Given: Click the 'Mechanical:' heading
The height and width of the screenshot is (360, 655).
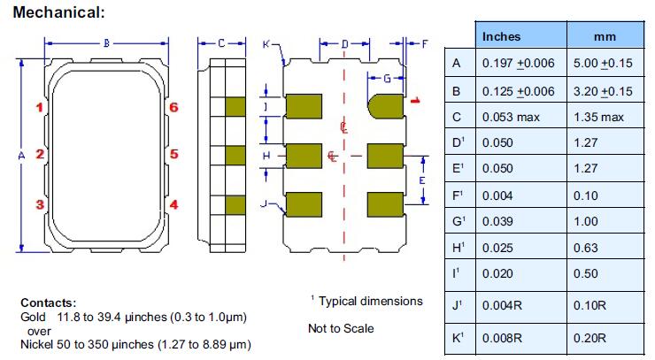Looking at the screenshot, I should coord(58,12).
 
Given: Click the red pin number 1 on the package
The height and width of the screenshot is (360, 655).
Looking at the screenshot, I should coord(39,108).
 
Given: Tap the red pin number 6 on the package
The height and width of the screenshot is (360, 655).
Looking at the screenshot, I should coord(174,108).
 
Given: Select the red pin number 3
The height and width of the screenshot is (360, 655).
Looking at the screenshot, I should coord(39,204).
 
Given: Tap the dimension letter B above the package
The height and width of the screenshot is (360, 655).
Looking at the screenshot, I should coord(106,42).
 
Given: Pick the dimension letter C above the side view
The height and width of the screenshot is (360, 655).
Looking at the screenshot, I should coord(220,42).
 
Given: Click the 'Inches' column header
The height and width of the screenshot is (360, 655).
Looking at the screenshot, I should coord(501,36).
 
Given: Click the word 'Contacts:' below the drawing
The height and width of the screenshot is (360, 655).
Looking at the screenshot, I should coord(49,302).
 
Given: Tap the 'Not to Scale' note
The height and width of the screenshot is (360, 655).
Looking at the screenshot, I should coord(341,328).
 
